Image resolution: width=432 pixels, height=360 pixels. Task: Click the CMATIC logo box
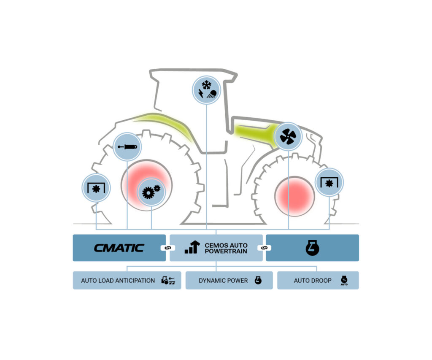click(x=119, y=248)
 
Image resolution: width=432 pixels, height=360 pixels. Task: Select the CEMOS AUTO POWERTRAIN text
click(x=226, y=248)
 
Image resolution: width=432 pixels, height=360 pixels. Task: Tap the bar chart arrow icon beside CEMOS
click(x=192, y=247)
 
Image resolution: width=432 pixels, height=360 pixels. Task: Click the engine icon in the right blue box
click(x=313, y=248)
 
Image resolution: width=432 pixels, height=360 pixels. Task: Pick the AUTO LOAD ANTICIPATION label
click(x=118, y=281)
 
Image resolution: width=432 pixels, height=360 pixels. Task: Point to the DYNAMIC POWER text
click(x=223, y=281)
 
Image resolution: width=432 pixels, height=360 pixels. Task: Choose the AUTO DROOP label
click(x=313, y=281)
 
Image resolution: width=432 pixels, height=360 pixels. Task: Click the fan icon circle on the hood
click(x=288, y=136)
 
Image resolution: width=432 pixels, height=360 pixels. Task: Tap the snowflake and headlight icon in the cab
click(x=206, y=90)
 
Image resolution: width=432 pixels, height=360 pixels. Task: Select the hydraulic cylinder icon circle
click(x=127, y=146)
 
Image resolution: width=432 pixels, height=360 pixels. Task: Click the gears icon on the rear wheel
click(x=151, y=192)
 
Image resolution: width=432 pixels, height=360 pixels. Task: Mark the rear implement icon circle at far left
click(x=96, y=188)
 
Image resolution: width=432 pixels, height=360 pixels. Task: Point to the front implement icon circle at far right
click(x=329, y=182)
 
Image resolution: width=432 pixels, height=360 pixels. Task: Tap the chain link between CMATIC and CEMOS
click(x=168, y=248)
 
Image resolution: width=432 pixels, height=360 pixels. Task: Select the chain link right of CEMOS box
click(x=264, y=248)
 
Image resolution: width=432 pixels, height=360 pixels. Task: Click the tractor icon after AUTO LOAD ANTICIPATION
click(x=168, y=280)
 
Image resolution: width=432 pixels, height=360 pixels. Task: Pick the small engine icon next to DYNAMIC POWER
click(x=258, y=280)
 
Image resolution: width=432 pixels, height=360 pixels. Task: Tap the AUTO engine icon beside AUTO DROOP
click(x=344, y=280)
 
